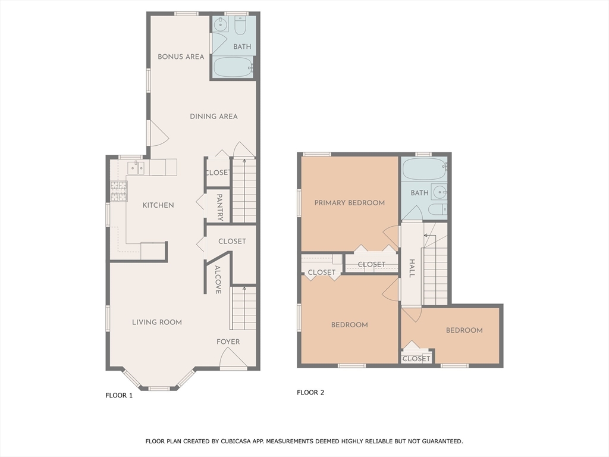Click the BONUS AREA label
181,57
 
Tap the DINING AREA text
214,116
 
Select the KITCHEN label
158,205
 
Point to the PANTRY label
219,207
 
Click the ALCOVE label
218,280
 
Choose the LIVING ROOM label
157,322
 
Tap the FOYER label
228,342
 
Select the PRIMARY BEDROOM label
350,202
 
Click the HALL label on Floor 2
412,268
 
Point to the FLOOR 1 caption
119,395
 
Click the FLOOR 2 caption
310,392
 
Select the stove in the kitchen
118,191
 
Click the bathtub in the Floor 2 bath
423,169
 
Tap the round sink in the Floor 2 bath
439,192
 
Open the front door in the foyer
233,359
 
